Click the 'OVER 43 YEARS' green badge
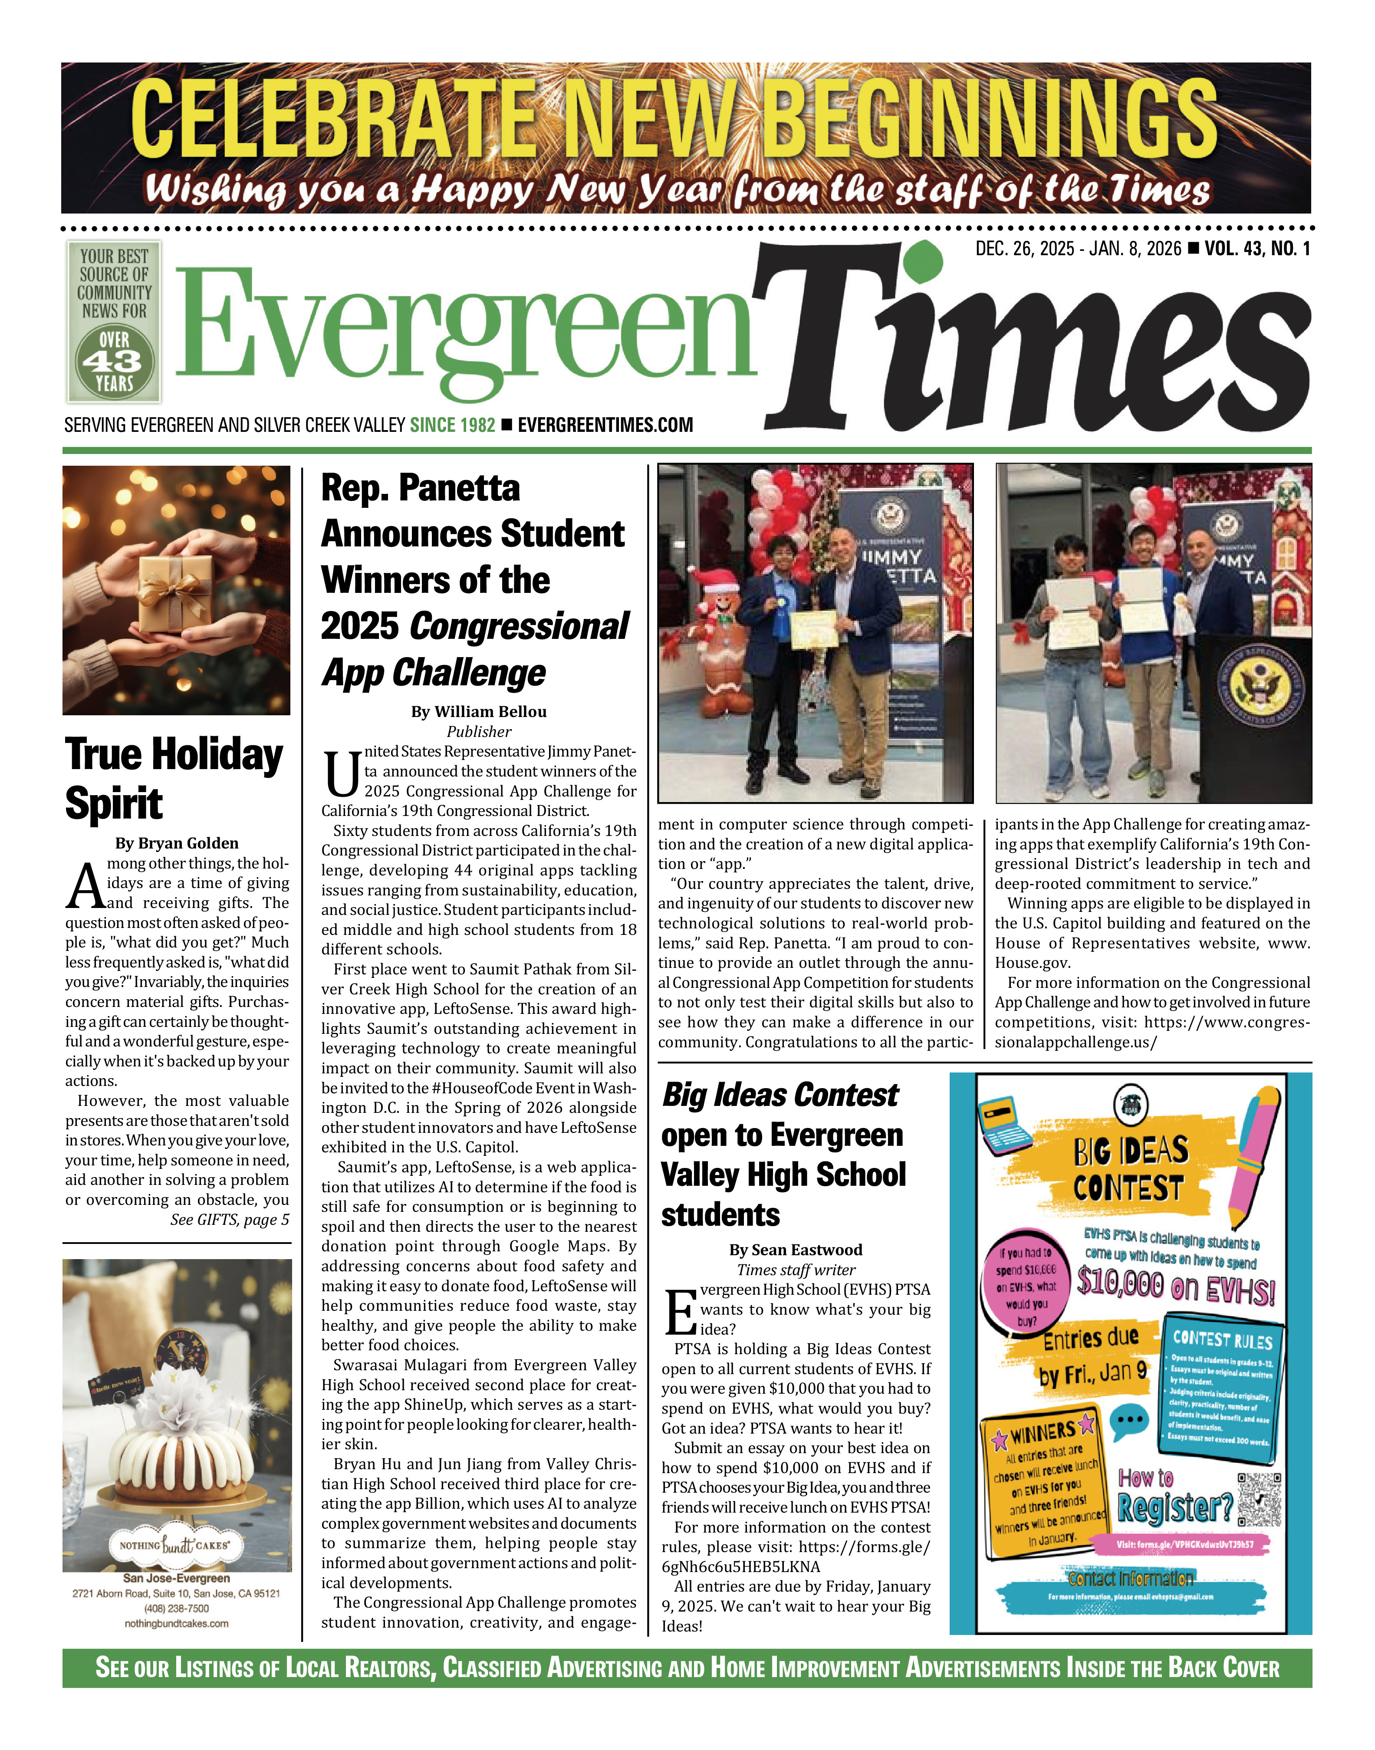[x=114, y=361]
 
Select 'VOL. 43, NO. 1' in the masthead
[x=1257, y=249]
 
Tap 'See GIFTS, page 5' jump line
[x=230, y=1220]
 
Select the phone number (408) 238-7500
[x=176, y=1609]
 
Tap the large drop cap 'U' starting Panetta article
[x=341, y=774]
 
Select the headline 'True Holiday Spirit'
[x=174, y=778]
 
